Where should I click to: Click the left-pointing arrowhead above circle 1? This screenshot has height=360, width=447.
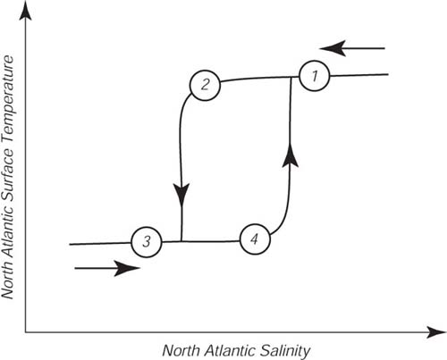(333, 48)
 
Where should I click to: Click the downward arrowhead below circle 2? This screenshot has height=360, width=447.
(181, 195)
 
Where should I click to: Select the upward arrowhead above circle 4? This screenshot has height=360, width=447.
(291, 156)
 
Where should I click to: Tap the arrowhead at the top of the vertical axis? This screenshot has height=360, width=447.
(25, 13)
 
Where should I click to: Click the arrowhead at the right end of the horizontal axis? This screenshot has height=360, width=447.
(435, 331)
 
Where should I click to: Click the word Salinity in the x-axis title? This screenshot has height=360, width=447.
(285, 350)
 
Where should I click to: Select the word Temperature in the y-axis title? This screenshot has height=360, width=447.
(8, 99)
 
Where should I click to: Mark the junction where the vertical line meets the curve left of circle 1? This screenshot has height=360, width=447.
(291, 77)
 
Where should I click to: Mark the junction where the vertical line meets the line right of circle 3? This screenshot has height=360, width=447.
(181, 241)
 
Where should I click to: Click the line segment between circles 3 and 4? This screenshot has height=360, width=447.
(201, 241)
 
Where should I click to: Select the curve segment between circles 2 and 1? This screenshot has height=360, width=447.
(259, 79)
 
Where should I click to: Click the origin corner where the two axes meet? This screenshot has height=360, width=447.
(25, 331)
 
